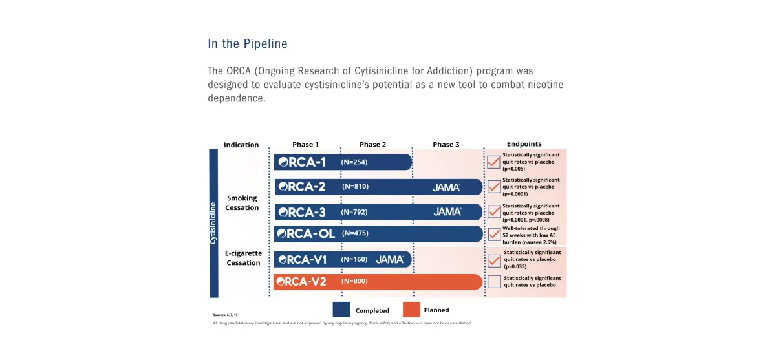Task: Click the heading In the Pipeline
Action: [248, 44]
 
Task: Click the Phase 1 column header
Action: [305, 145]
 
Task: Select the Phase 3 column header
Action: [446, 145]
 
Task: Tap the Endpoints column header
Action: [524, 144]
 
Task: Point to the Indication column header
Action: [241, 145]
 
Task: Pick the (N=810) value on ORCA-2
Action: [355, 187]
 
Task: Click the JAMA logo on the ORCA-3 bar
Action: [447, 212]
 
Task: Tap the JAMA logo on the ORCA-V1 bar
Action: [390, 259]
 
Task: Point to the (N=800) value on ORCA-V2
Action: [354, 282]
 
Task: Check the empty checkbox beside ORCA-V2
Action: [494, 281]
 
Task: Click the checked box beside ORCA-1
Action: [494, 162]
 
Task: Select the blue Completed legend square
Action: [341, 310]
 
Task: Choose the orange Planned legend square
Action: [411, 310]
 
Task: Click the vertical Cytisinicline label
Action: [213, 223]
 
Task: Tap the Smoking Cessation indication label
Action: [242, 203]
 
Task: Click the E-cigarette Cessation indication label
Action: [243, 259]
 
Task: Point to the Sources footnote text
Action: [226, 315]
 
